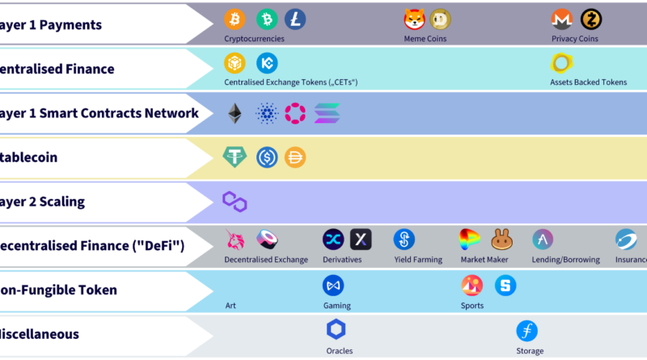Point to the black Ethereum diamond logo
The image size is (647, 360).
click(x=235, y=113)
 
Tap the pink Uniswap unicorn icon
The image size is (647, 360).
click(x=235, y=239)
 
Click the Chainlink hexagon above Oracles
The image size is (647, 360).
click(x=336, y=330)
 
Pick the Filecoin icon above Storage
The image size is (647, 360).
click(x=527, y=330)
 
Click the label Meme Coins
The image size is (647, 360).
click(x=425, y=39)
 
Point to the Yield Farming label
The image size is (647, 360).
click(x=417, y=260)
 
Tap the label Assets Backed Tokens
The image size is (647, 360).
click(x=588, y=83)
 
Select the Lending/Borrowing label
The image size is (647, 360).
click(x=565, y=260)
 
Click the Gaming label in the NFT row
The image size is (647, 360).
click(x=336, y=306)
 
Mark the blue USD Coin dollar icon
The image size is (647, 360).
click(x=267, y=158)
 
